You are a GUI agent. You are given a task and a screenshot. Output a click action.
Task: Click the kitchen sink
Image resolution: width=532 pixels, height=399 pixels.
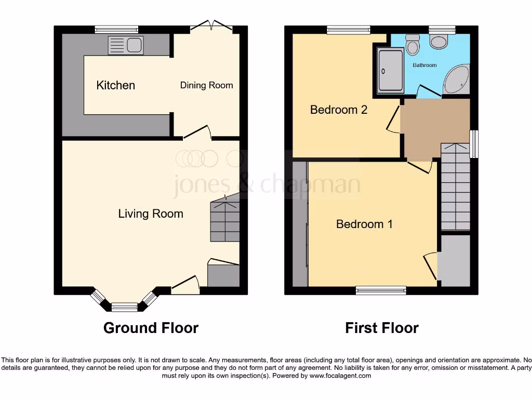pyautogui.click(x=125, y=45)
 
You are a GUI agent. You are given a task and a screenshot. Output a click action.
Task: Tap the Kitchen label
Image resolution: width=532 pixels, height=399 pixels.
pyautogui.click(x=115, y=85)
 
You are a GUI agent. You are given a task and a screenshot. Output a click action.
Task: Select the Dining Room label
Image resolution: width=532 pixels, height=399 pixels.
pyautogui.click(x=206, y=85)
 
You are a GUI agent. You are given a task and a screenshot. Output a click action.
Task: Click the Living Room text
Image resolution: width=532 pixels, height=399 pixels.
pyautogui.click(x=150, y=214)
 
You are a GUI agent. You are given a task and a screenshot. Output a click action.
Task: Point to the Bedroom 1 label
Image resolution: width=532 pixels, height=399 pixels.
pyautogui.click(x=364, y=224)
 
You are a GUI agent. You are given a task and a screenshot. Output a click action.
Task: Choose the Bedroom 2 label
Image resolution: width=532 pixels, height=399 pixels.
pyautogui.click(x=338, y=110)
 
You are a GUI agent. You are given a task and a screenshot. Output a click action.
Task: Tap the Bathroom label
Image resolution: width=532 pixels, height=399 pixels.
pyautogui.click(x=424, y=65)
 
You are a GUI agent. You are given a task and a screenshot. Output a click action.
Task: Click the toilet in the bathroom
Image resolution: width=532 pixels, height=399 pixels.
pyautogui.click(x=413, y=46)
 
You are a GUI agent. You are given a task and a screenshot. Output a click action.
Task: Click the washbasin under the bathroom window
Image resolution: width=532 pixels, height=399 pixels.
pyautogui.click(x=440, y=41)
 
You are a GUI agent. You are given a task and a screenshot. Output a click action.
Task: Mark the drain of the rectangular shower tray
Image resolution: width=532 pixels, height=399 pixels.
pyautogui.click(x=383, y=73)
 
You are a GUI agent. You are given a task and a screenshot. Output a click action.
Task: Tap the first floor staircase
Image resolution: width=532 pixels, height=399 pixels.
pyautogui.click(x=455, y=187)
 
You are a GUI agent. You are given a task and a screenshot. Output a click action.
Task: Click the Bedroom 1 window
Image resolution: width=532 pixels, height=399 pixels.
pyautogui.click(x=381, y=290)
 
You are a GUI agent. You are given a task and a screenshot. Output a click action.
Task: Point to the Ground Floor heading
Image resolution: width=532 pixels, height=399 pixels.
pyautogui.click(x=151, y=328)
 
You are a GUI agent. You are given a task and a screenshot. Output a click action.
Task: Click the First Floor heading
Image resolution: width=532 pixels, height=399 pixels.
pyautogui.click(x=382, y=328)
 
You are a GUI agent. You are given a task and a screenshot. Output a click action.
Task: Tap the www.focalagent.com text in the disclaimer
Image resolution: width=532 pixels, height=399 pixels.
pyautogui.click(x=341, y=376)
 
